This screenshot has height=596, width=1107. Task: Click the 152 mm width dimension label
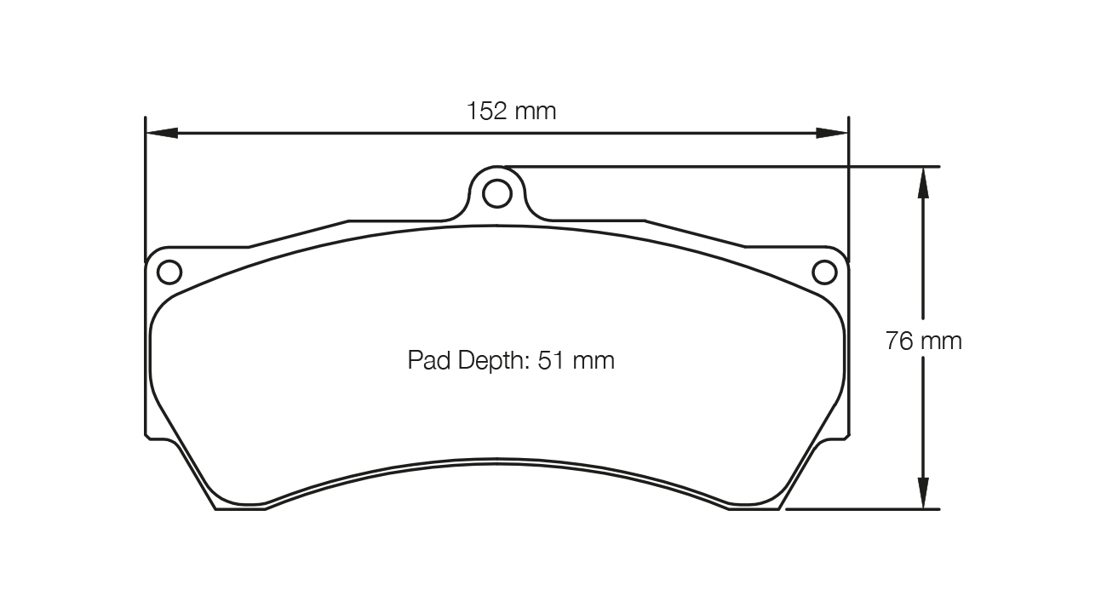coord(511,111)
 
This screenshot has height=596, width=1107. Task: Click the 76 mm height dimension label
coord(924,341)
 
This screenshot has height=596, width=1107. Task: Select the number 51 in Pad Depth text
coord(551,360)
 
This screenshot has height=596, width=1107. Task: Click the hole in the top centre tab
coord(496,194)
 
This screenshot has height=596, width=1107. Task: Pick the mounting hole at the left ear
coord(169,272)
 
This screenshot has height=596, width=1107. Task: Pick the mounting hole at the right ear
coord(824,272)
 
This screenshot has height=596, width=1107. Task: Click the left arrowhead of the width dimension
coord(162,133)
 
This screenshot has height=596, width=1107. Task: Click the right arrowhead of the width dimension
coord(832,133)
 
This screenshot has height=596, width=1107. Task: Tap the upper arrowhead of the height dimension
coord(923,183)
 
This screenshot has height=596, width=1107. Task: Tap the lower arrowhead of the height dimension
coord(923,493)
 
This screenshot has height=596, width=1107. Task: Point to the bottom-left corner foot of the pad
coord(238,506)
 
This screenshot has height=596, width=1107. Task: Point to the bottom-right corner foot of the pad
coord(755,506)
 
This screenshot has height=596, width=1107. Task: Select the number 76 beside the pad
coord(899,341)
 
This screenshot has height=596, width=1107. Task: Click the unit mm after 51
coord(593,361)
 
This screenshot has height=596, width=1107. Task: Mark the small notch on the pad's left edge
coord(148,436)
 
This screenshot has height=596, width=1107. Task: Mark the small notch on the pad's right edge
coord(846,436)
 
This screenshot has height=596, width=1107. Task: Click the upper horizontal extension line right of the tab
coord(724,166)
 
